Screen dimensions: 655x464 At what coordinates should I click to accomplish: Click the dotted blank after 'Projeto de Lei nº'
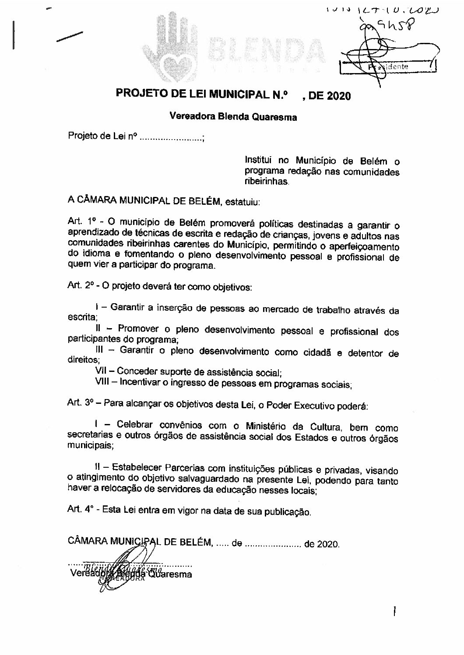point(170,137)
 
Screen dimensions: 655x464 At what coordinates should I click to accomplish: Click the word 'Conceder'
point(137,372)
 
